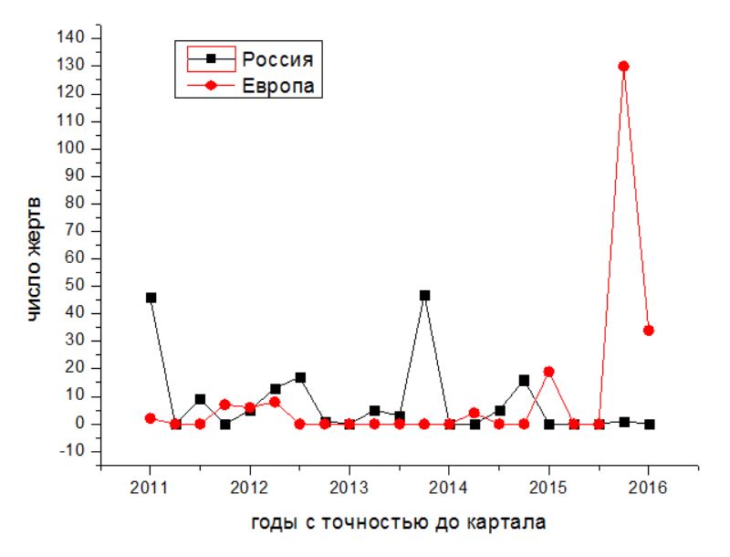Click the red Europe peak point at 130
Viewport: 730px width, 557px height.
point(624,66)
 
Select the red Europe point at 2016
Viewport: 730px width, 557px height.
point(649,330)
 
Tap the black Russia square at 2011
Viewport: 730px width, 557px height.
point(151,298)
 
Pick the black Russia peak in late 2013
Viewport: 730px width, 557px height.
point(424,296)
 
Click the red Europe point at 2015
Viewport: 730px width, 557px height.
point(548,372)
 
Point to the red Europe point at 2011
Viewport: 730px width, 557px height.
point(151,418)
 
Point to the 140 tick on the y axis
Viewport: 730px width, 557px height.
point(73,37)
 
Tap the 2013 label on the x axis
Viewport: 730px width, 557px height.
point(349,484)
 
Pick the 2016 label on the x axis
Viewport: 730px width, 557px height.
point(649,484)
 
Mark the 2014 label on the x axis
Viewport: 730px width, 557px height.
point(449,484)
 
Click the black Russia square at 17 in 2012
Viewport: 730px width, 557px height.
point(300,377)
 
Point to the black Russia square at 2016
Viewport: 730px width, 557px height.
point(649,424)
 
